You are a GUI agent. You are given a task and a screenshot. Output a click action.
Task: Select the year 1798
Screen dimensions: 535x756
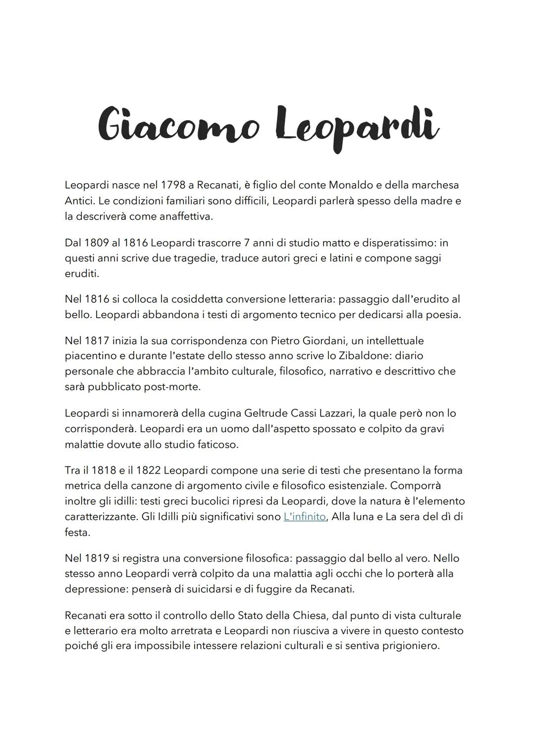[173, 185]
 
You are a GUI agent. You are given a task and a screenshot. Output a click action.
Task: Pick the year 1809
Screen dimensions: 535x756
[97, 243]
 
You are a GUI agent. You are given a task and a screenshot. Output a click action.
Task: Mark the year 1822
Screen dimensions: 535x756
[148, 470]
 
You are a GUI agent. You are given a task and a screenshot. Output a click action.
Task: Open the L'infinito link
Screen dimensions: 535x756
[305, 517]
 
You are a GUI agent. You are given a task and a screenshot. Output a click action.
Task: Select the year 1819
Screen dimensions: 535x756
[97, 558]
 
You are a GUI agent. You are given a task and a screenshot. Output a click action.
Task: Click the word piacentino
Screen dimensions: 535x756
[93, 356]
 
